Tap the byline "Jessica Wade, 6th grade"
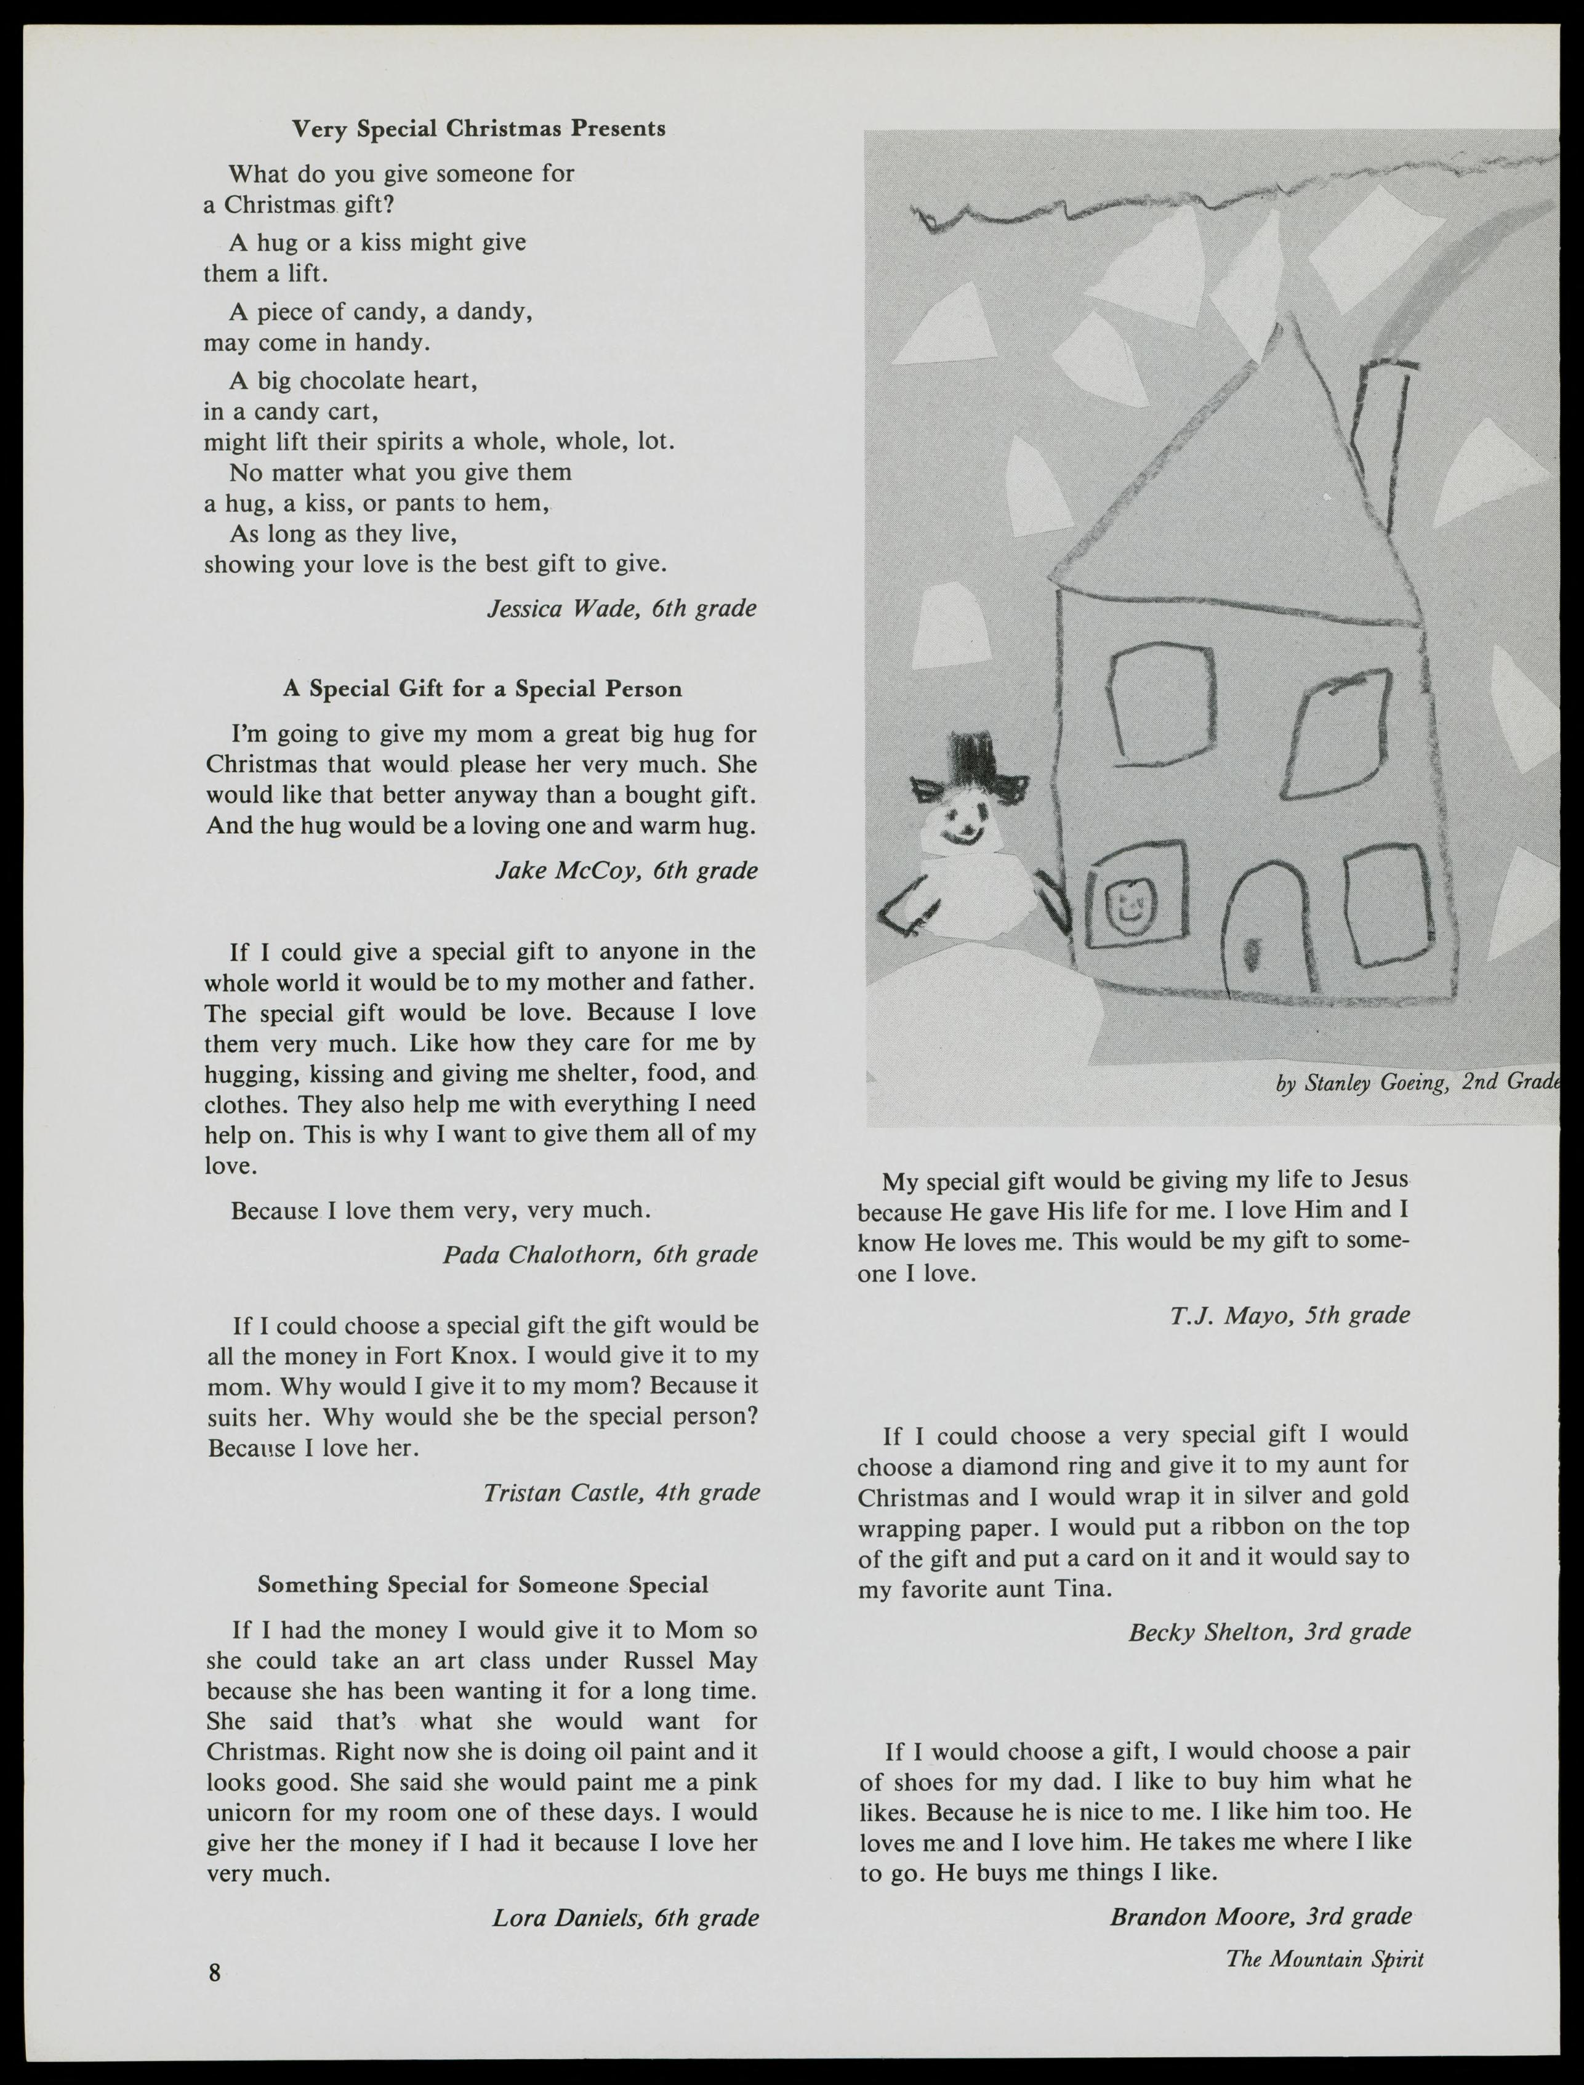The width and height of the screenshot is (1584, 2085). click(x=621, y=608)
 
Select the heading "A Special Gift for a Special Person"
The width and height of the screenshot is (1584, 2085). click(x=482, y=688)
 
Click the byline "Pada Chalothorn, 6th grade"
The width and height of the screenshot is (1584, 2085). click(x=600, y=1254)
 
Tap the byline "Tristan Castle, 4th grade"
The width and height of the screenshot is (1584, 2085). click(x=621, y=1492)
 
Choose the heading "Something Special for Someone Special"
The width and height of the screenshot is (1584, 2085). click(x=483, y=1584)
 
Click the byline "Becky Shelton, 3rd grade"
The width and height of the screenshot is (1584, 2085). click(x=1269, y=1631)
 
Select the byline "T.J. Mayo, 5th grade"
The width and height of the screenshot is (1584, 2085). click(x=1290, y=1315)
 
